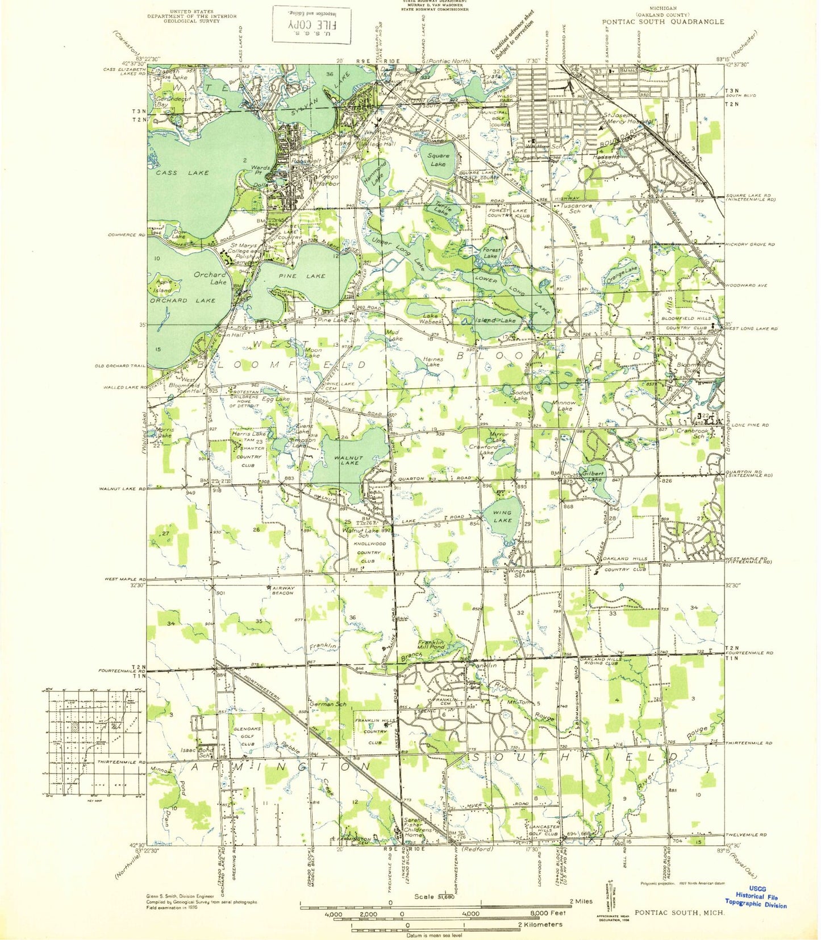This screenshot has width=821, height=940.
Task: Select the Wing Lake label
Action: (x=502, y=516)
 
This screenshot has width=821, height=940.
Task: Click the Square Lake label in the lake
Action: (x=438, y=160)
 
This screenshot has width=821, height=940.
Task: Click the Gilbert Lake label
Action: (x=592, y=476)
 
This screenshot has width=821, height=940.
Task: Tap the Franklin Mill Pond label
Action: (x=431, y=644)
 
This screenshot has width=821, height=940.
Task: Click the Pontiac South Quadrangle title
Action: (x=663, y=22)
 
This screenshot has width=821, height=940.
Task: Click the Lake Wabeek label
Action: (x=430, y=318)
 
